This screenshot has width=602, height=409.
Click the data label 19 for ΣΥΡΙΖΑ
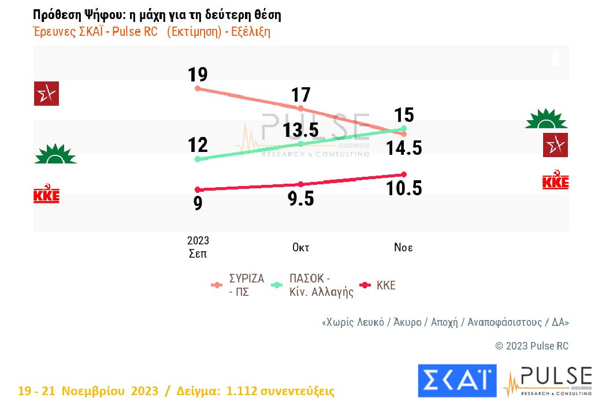coord(198,75)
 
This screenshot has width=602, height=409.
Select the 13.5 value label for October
coord(301,130)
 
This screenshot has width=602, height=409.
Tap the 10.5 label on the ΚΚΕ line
coord(404,188)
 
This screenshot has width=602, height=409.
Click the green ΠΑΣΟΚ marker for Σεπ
coord(198,159)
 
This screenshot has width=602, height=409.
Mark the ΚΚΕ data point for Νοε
coord(404,174)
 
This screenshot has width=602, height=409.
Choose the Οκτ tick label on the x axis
coord(300,248)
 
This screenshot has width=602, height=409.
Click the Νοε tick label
coord(403,248)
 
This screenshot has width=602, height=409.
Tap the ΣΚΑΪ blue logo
coord(456,381)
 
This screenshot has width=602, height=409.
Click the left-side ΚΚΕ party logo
coord(46,195)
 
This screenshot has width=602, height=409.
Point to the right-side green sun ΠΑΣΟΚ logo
coord(546,118)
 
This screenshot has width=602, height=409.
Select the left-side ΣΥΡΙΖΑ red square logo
coord(46,94)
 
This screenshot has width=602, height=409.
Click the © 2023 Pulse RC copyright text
coord(532,346)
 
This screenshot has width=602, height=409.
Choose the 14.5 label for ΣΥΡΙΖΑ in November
coord(404,148)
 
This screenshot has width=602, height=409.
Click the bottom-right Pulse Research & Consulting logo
coord(548,381)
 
